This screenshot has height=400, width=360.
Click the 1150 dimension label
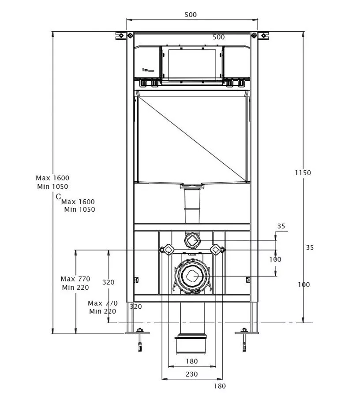[303, 173]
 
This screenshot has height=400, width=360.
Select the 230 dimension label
[191, 374]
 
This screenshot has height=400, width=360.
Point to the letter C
[58, 196]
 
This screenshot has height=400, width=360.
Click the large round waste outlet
[192, 276]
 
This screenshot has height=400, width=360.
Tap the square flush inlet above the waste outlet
[192, 240]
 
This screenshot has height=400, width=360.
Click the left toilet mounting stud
[167, 250]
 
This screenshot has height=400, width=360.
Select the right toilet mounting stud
[217, 250]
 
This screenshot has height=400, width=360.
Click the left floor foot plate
[138, 333]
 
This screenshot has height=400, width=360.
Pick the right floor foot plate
[247, 333]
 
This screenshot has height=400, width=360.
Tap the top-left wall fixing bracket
[121, 35]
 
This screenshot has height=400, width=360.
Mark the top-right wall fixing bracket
[263, 35]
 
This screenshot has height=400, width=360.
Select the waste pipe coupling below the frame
[191, 344]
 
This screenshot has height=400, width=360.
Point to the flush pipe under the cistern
[192, 204]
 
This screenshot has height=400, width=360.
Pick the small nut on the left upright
[136, 280]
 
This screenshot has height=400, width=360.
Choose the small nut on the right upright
[248, 280]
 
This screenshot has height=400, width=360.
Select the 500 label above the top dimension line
[191, 15]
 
